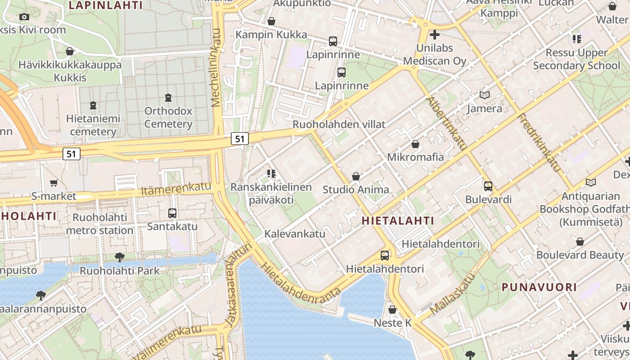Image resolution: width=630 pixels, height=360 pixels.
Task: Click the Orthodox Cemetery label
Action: coord(168,117)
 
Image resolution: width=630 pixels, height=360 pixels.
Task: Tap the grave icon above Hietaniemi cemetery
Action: coord(93,105)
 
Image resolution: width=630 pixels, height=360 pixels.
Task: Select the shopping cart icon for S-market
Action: coord(54,183)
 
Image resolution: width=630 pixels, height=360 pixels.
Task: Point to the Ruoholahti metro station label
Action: coord(100,224)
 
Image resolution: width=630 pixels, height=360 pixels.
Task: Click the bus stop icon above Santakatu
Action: coord(172,213)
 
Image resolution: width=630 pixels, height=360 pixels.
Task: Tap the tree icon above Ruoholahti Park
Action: coord(120,257)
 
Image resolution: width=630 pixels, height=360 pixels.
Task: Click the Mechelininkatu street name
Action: coord(216,67)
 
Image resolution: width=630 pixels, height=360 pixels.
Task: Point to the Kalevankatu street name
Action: coord(295,234)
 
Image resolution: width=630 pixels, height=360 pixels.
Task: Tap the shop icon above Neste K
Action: coord(392,310)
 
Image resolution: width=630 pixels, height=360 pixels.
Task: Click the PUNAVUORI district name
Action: coord(539,287)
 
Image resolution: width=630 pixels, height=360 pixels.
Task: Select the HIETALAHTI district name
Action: coord(398,220)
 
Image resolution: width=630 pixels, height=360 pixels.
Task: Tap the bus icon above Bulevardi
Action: coord(488,186)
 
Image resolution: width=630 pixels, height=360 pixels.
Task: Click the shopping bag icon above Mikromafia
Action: coord(415,144)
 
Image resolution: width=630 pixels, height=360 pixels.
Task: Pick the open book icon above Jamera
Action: coord(485,95)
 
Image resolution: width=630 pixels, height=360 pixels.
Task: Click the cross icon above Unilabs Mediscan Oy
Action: coord(435,34)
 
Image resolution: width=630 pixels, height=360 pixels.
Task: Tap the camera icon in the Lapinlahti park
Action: coord(24,17)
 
